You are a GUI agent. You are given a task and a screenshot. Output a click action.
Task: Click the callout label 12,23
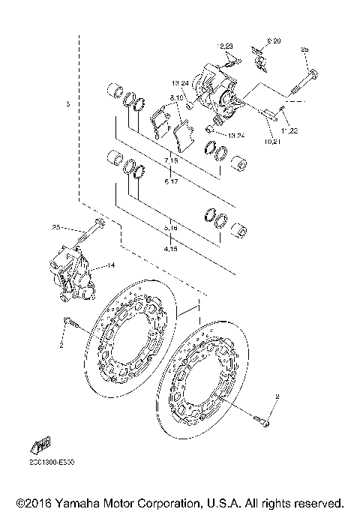pos(226,46)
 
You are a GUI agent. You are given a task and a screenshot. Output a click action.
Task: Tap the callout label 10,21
pos(272,140)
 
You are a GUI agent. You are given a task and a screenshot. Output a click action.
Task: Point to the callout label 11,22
pos(289,130)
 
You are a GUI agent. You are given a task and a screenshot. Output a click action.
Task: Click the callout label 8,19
pos(178,98)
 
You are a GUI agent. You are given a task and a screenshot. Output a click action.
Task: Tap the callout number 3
pos(67,103)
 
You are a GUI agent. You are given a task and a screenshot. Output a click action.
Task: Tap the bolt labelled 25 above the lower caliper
pos(99,225)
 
